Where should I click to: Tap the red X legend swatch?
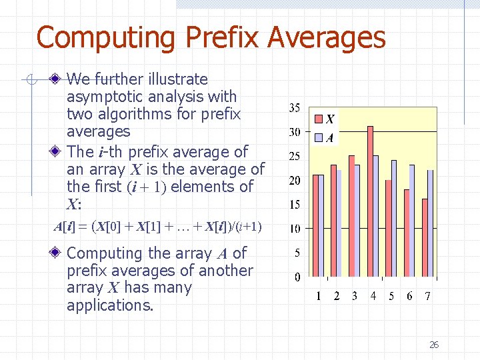pos(319,119)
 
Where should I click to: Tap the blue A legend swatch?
pos(319,138)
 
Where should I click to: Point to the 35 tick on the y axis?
pos(294,107)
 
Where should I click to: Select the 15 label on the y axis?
pos(294,205)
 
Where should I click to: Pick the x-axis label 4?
pos(373,296)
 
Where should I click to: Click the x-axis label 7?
pos(427,296)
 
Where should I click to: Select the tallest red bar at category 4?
pos(370,200)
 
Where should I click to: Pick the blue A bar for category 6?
pos(412,221)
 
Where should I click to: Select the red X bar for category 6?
pos(407,233)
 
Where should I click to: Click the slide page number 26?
pos(434,345)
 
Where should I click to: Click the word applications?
pos(110,306)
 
